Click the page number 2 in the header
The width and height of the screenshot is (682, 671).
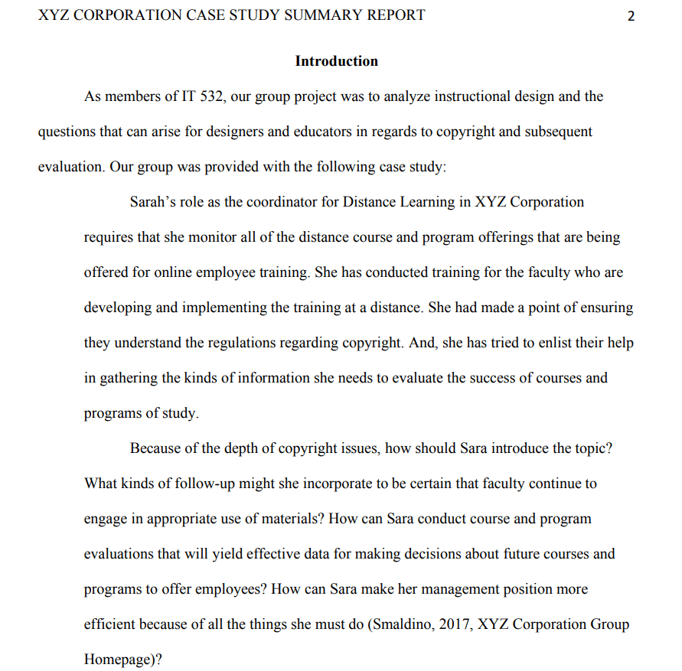631,16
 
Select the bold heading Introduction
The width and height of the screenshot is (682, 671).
337,61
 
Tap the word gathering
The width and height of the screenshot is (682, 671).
131,378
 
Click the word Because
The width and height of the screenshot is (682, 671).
155,448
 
